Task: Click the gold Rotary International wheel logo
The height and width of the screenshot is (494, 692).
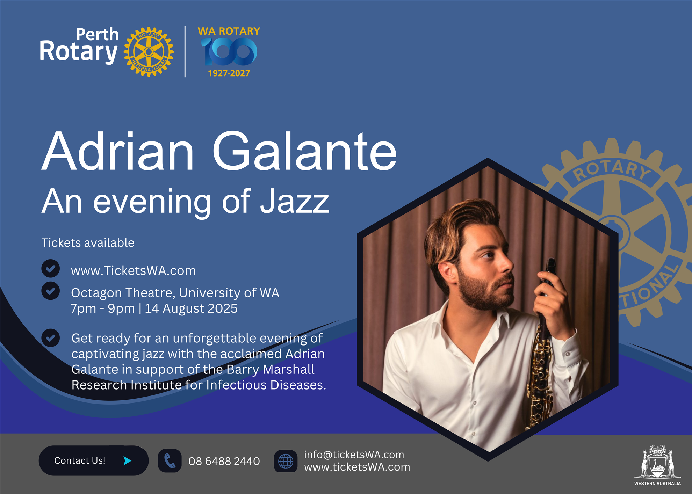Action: (149, 52)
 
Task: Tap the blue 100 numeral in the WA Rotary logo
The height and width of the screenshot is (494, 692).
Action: (229, 51)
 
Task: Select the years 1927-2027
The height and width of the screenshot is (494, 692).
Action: (229, 73)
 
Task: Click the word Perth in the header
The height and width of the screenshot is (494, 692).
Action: (97, 34)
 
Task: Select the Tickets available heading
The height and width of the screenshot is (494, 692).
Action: (88, 243)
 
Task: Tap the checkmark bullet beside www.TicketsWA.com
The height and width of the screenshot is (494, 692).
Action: (51, 268)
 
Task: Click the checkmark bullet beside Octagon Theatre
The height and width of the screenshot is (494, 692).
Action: (51, 291)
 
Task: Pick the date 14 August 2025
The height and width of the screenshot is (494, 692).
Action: (191, 308)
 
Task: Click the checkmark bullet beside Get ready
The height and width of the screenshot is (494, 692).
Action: (51, 338)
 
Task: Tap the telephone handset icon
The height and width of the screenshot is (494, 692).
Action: (170, 461)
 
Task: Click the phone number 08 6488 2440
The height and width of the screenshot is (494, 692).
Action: (224, 461)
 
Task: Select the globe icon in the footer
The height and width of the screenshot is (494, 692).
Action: (286, 461)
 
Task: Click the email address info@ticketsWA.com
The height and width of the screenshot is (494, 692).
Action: (354, 455)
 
